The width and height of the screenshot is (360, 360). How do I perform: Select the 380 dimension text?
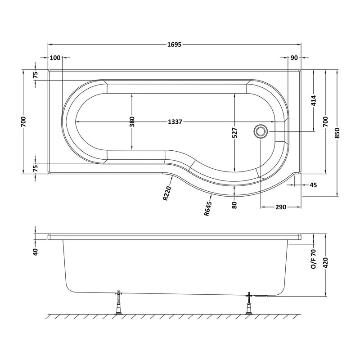click(132, 122)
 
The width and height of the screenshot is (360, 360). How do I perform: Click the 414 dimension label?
click(314, 102)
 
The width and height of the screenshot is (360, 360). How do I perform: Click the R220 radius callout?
click(167, 194)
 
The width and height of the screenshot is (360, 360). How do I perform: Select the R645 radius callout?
click(208, 209)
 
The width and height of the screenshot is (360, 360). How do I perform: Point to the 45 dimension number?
click(314, 185)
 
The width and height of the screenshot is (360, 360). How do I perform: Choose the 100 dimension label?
click(55, 58)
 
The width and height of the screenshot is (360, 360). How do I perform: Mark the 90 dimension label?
click(294, 58)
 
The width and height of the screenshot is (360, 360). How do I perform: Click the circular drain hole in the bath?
click(261, 131)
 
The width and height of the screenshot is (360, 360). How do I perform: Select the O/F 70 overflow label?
click(314, 261)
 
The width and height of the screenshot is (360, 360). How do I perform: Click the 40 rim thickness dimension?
click(35, 251)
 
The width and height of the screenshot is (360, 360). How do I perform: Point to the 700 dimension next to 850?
click(325, 121)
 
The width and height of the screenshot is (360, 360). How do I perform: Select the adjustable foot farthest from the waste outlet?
click(119, 304)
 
